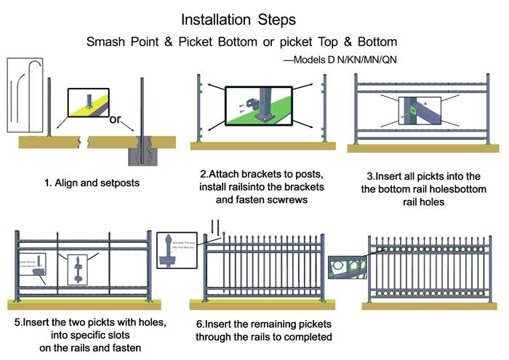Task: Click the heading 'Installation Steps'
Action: click(254, 17)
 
